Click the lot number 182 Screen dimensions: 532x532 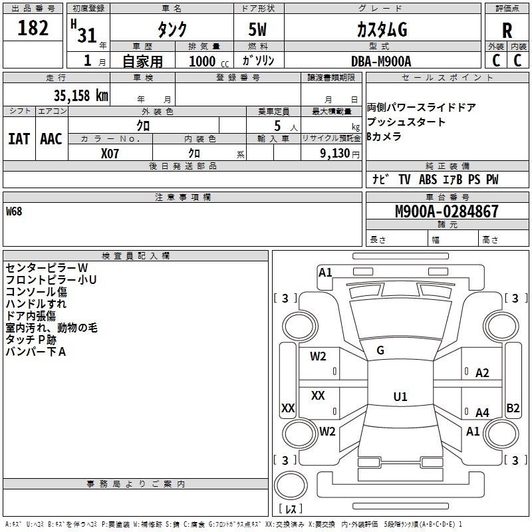tap(33, 27)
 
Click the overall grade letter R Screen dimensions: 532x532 tap(507, 30)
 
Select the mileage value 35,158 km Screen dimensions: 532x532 tap(80, 96)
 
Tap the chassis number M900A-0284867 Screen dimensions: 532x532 tap(447, 211)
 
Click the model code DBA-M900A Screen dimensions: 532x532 tap(381, 61)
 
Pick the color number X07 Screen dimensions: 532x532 tap(110, 154)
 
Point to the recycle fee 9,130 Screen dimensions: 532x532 tap(334, 154)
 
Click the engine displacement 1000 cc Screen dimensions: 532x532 tap(209, 61)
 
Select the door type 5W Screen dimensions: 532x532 tap(257, 29)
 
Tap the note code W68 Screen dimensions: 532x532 tap(14, 211)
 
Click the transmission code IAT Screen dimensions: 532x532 tap(19, 139)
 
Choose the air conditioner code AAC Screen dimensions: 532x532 tap(51, 139)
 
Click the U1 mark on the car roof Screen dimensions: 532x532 tap(400, 396)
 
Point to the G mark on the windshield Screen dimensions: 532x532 tap(380, 350)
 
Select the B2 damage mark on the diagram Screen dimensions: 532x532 tap(513, 408)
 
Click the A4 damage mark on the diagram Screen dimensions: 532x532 tap(482, 412)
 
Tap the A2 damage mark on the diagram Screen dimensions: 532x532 tap(482, 373)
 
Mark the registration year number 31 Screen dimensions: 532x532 tap(87, 35)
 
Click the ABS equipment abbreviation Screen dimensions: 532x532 tap(428, 179)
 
